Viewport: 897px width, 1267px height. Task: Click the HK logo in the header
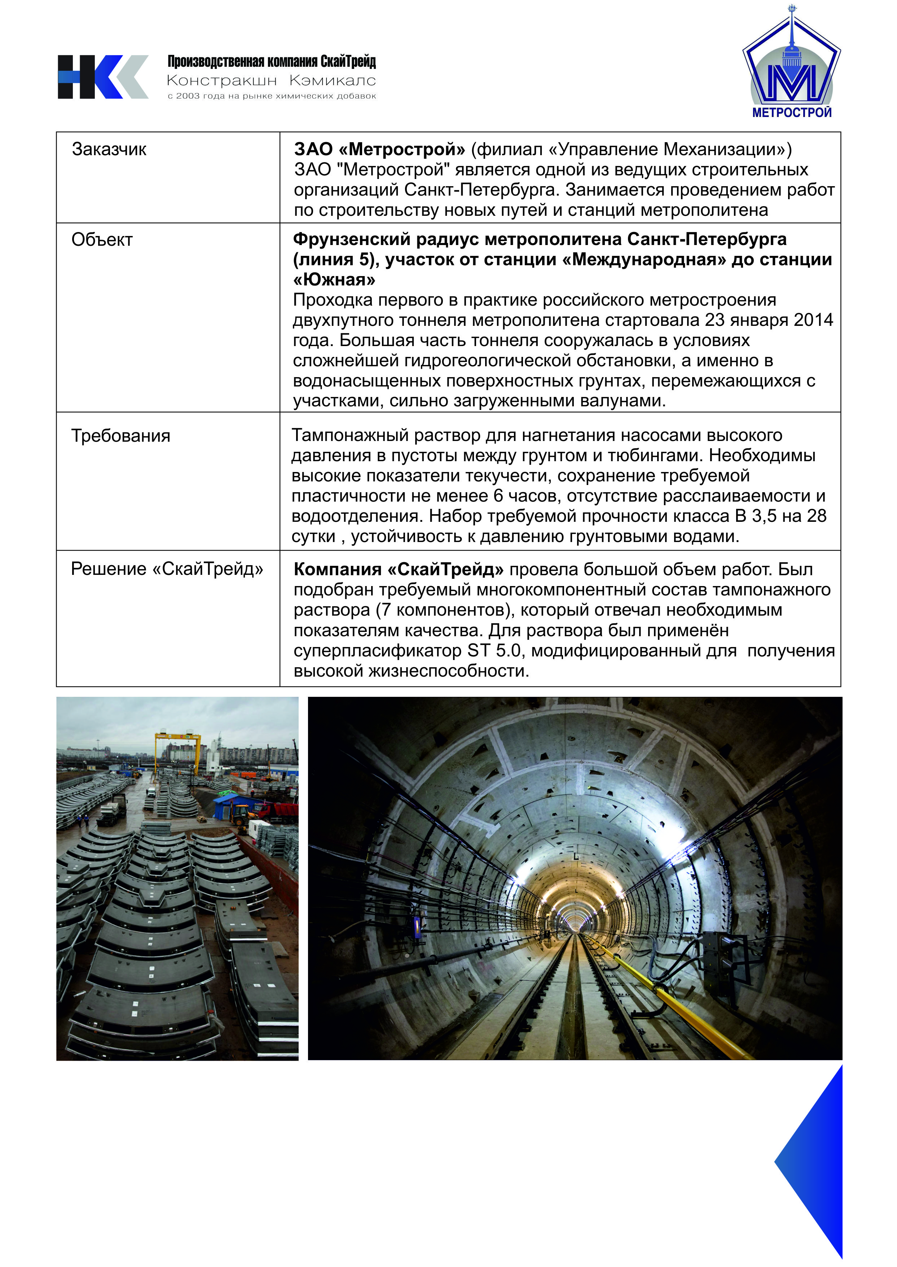click(x=103, y=77)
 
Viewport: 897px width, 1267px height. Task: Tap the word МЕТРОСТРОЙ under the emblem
click(x=792, y=113)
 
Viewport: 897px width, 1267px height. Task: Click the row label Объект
click(x=102, y=240)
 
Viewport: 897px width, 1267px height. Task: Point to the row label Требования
click(x=120, y=436)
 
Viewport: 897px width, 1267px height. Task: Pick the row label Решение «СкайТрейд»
click(x=167, y=569)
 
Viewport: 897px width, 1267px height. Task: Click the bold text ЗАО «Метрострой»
click(x=379, y=149)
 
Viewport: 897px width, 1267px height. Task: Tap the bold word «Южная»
click(x=334, y=280)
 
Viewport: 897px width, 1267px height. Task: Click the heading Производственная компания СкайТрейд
click(x=271, y=61)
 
